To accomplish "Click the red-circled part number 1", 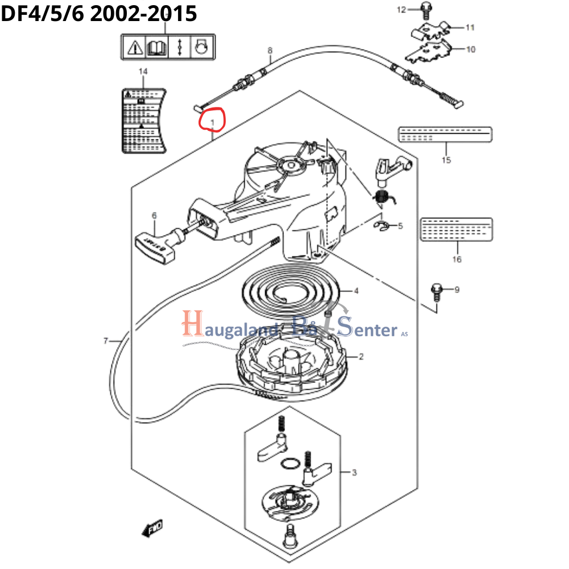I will point(212,122).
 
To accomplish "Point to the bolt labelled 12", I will point(425,8).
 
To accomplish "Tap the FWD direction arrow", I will point(152,530).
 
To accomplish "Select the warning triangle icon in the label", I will point(134,46).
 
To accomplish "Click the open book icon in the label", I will point(155,46).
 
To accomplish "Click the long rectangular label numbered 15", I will point(444,134).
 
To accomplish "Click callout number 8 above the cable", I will point(270,51).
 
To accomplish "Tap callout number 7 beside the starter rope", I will point(105,341).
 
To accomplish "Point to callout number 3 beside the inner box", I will point(354,472).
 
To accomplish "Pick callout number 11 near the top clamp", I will point(470,27).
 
